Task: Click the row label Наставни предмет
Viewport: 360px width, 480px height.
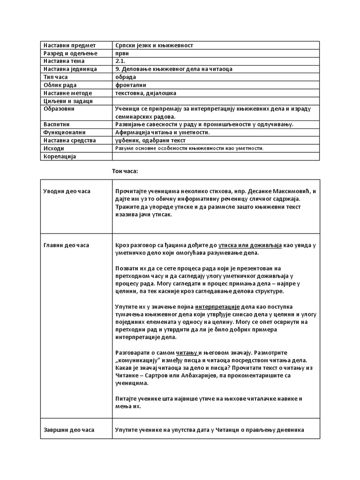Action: point(69,45)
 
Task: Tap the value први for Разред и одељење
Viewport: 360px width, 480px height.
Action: point(122,53)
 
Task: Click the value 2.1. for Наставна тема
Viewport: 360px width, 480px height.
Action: point(120,61)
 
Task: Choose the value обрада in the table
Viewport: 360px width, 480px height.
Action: point(125,77)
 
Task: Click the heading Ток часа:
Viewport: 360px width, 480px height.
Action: point(125,171)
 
